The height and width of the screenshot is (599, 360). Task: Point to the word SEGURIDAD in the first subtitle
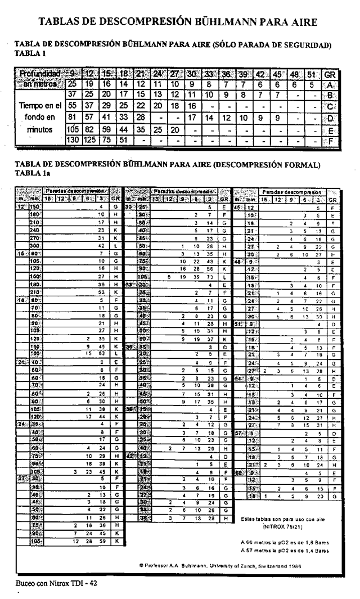[305, 44]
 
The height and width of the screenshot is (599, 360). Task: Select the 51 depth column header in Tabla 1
[312, 74]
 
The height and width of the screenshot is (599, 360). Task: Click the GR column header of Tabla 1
[331, 74]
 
